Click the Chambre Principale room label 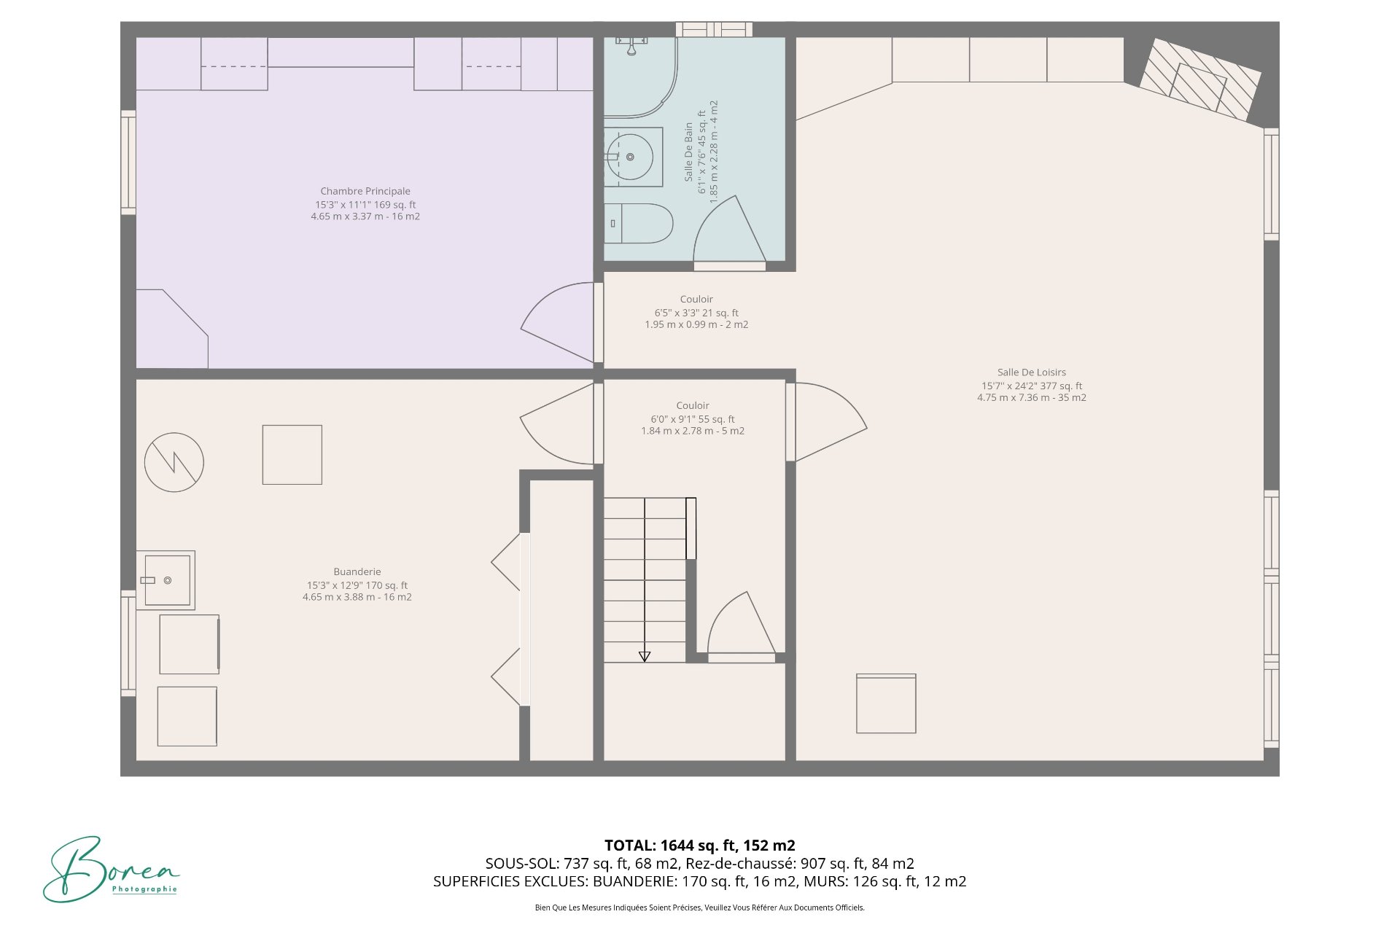[x=365, y=192]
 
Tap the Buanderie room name [x=357, y=571]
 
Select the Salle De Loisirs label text [x=1031, y=372]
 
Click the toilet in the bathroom [x=638, y=224]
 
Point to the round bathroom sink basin [x=630, y=157]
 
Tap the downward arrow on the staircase [x=645, y=656]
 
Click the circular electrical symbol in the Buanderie [x=174, y=462]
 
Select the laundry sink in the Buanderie [x=167, y=580]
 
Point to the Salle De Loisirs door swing [x=830, y=422]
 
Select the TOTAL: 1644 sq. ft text [x=699, y=846]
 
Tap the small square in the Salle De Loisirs [x=886, y=703]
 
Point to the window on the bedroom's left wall [x=128, y=162]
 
